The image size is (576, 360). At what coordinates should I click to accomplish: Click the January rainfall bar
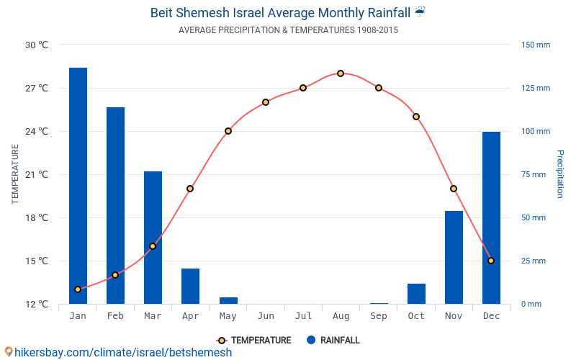[78, 186]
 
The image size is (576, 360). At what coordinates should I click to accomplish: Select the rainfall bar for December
[491, 217]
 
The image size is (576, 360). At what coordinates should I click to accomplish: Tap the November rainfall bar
[454, 257]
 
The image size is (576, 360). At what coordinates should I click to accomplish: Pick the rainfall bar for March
[153, 238]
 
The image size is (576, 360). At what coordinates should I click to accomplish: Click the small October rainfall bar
[416, 294]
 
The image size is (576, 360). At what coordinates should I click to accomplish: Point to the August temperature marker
[341, 73]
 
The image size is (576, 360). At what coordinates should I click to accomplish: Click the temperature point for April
[190, 189]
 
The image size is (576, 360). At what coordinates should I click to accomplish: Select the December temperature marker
[491, 261]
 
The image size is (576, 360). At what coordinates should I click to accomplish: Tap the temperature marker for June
[266, 102]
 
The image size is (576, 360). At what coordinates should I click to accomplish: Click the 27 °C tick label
[37, 88]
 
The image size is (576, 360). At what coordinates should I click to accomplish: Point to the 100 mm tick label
[536, 131]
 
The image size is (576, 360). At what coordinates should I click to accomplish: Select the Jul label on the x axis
[303, 316]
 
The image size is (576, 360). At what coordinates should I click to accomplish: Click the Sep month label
[379, 316]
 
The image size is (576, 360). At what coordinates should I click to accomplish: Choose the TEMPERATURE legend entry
[255, 341]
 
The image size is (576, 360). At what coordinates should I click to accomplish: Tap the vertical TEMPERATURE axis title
[15, 174]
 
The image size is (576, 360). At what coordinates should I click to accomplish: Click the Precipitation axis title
[559, 174]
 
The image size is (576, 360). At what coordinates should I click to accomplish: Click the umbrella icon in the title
[420, 12]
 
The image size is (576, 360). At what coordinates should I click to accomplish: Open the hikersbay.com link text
[122, 352]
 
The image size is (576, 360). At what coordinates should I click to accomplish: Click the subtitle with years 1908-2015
[288, 30]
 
